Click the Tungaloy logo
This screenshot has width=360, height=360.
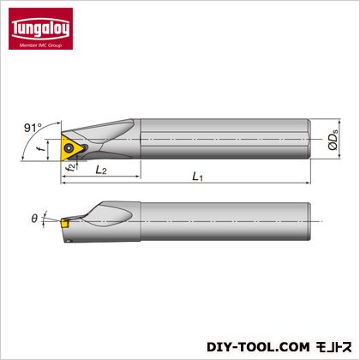(x=40, y=28)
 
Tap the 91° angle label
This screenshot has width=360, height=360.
(x=33, y=128)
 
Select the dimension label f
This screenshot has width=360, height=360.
(x=42, y=148)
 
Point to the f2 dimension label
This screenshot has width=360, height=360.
(x=71, y=166)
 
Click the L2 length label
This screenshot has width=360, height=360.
(x=101, y=171)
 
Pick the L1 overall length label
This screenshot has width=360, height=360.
(x=198, y=177)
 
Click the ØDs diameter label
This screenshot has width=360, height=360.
(x=333, y=140)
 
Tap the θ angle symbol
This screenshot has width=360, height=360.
(x=34, y=219)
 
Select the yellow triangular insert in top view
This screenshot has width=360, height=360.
(x=71, y=147)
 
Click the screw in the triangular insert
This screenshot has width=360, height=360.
(x=69, y=148)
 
